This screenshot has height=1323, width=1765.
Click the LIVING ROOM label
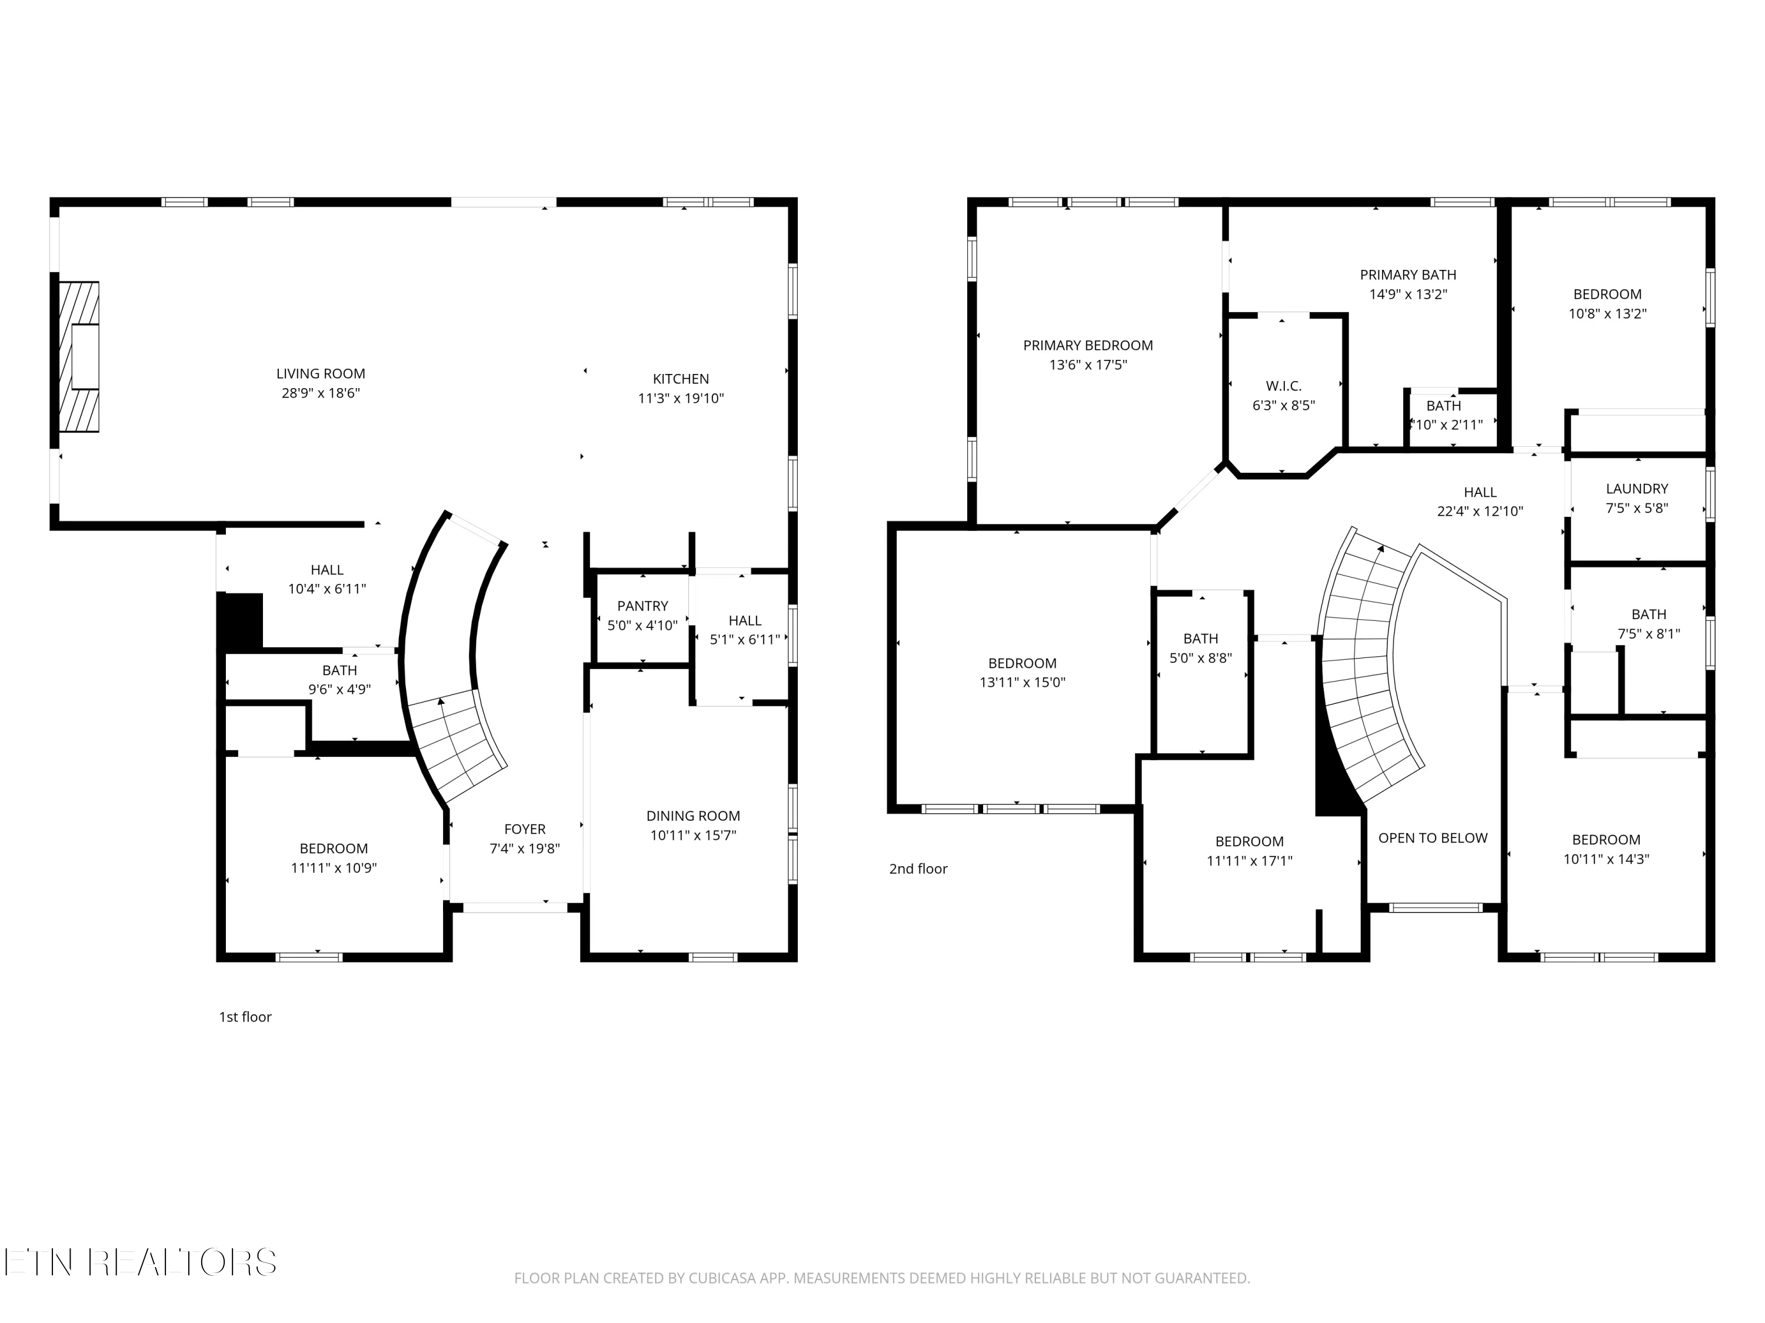320,373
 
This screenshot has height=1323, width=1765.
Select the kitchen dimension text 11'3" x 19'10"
681,398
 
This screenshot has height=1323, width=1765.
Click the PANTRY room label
642,606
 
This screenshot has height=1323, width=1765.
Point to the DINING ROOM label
692,816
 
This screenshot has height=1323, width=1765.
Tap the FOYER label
524,829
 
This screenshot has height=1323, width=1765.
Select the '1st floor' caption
245,1017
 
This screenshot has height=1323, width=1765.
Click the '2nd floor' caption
918,868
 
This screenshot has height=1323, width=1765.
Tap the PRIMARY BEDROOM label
1088,345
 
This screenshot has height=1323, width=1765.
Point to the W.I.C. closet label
1283,386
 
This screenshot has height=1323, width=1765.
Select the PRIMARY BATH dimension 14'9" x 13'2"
1407,293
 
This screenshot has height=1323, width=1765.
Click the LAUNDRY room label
1637,489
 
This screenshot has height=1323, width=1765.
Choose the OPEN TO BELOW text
1432,838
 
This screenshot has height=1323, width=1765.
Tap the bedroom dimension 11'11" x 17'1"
1249,860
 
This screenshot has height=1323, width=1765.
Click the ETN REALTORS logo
139,1262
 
